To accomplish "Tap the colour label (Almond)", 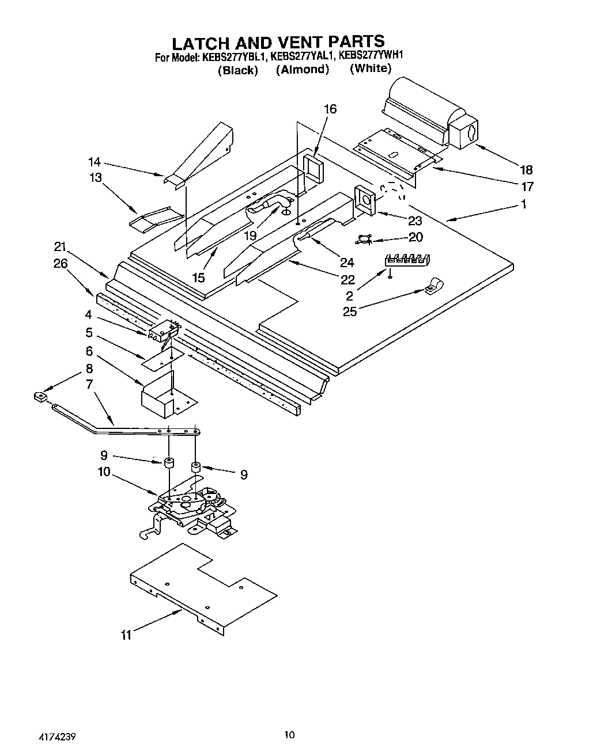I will coord(302,70).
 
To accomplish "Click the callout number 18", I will coord(526,170).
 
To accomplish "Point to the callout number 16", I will coord(330,109).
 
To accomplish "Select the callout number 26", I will coord(60,264).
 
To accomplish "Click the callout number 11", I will coord(126,636).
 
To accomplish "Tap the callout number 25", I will coord(350,311).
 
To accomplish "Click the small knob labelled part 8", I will coord(40,397).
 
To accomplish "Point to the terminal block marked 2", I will coord(407,260).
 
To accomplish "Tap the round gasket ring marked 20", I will coord(363,238).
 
